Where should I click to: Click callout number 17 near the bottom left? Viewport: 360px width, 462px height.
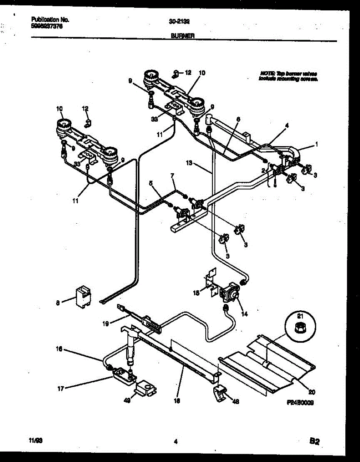60,388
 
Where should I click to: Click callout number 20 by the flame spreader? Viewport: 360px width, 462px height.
311,392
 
